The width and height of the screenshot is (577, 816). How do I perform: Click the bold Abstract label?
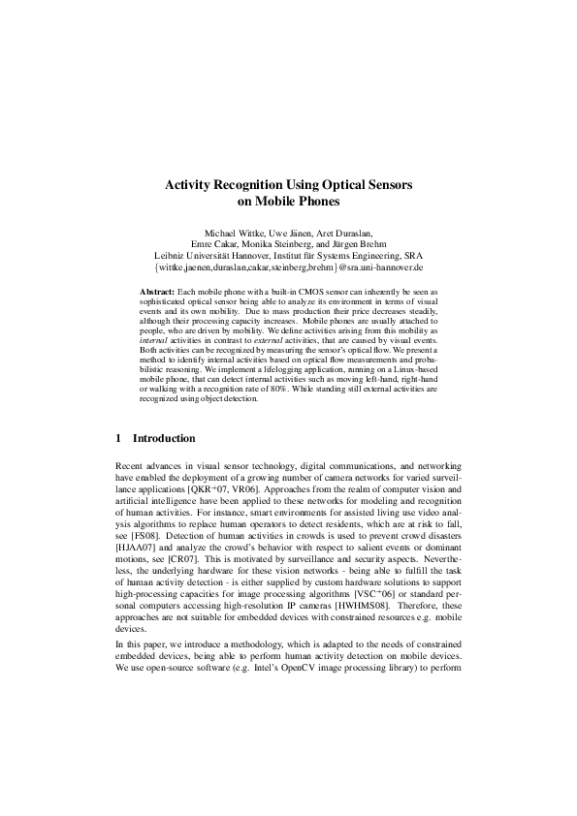point(157,291)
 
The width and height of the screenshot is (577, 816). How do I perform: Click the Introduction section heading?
point(164,438)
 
